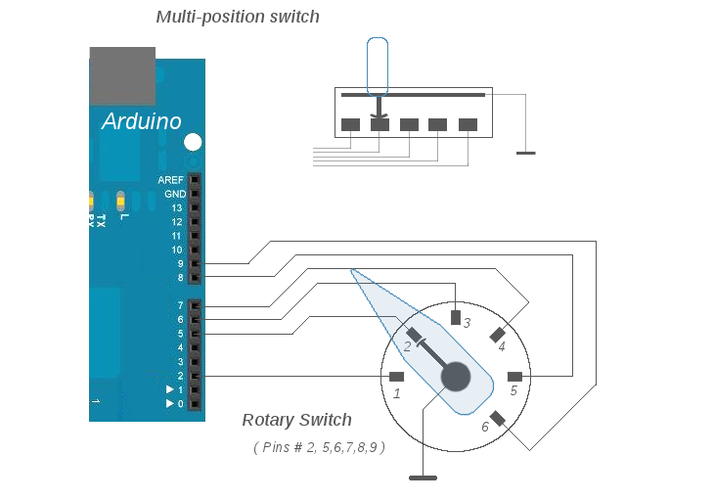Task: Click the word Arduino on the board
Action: coord(142,122)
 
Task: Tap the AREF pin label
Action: coord(170,181)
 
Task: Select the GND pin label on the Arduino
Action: coord(174,195)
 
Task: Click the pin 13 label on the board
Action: coord(176,208)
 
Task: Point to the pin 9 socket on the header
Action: coord(196,263)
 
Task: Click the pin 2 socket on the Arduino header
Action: coord(196,376)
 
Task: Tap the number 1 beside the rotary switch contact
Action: coord(397,394)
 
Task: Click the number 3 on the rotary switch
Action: coord(467,323)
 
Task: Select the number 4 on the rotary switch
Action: coord(502,346)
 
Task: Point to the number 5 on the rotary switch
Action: coord(513,390)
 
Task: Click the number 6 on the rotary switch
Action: coord(484,428)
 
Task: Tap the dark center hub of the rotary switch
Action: coord(456,377)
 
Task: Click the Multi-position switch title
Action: coord(238,17)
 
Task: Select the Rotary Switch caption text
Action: coord(296,420)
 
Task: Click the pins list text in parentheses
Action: coord(319,447)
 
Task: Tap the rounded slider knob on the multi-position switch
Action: coord(378,65)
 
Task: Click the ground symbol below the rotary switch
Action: coord(423,478)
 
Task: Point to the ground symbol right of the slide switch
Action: coord(526,153)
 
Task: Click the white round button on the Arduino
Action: coord(194,142)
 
